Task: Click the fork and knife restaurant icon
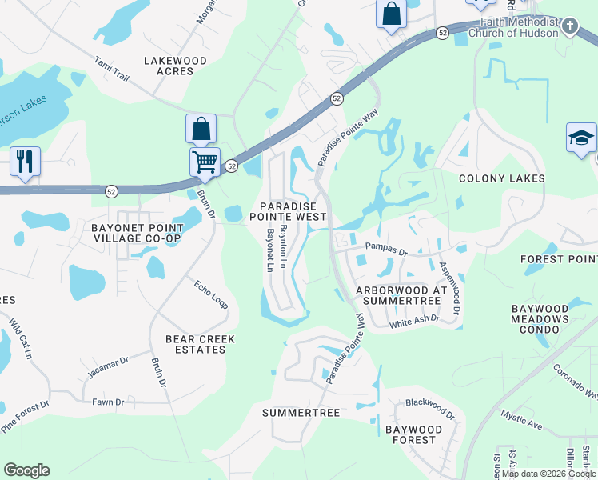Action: (x=25, y=160)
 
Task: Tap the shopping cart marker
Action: (x=205, y=162)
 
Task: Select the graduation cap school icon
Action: (x=581, y=138)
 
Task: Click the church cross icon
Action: (x=569, y=26)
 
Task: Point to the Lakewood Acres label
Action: (x=175, y=66)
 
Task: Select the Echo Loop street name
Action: (x=211, y=294)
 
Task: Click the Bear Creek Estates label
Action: (x=200, y=344)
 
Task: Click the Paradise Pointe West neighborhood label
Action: (x=288, y=211)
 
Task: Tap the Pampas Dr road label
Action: (x=387, y=249)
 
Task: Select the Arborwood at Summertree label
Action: (x=397, y=294)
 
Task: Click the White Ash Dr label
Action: (x=414, y=321)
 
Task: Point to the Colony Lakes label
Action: (x=501, y=178)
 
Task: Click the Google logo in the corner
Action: (x=26, y=470)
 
